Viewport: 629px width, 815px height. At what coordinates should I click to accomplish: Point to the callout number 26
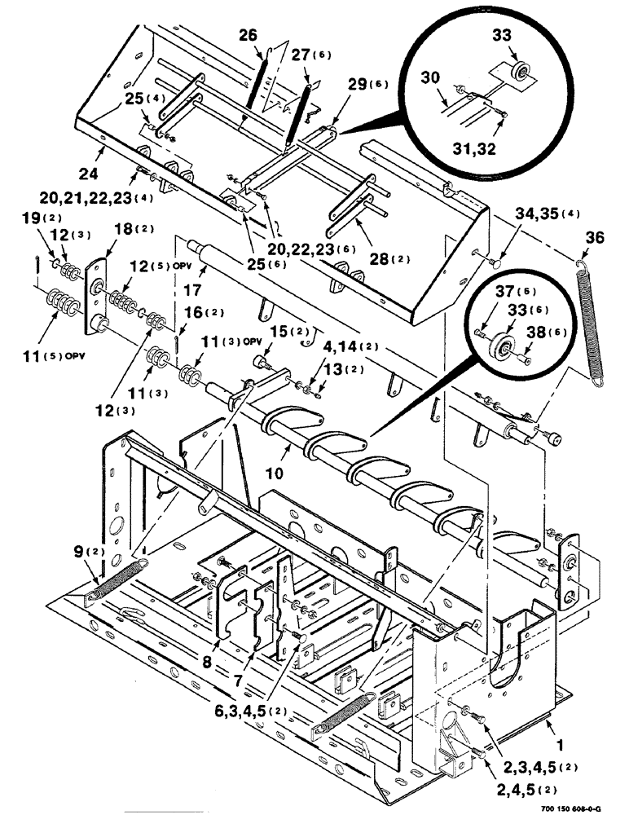247,35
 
